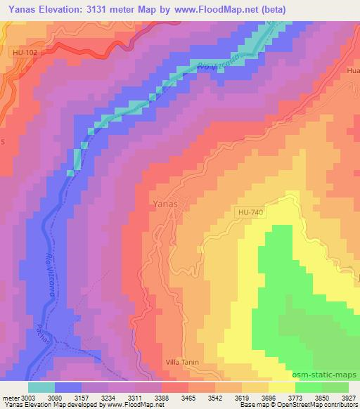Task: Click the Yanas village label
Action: pyautogui.click(x=166, y=204)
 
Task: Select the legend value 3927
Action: pyautogui.click(x=349, y=398)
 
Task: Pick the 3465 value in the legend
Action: pyautogui.click(x=188, y=398)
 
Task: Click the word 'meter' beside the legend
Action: pyautogui.click(x=9, y=398)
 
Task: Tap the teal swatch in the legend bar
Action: pyautogui.click(x=41, y=387)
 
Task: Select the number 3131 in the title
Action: pyautogui.click(x=101, y=10)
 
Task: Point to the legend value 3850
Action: pyautogui.click(x=322, y=398)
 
